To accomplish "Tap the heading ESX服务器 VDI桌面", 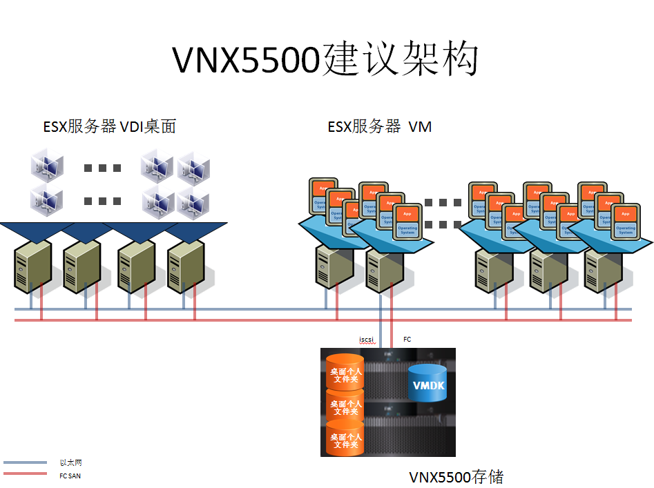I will [109, 126].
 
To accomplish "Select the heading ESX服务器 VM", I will [379, 126].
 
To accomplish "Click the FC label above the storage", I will [407, 340].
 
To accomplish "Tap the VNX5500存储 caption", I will [456, 477].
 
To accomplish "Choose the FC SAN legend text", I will [70, 475].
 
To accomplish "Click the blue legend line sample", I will [25, 462].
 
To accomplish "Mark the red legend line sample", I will [25, 474].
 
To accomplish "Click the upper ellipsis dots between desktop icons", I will [102, 168].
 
